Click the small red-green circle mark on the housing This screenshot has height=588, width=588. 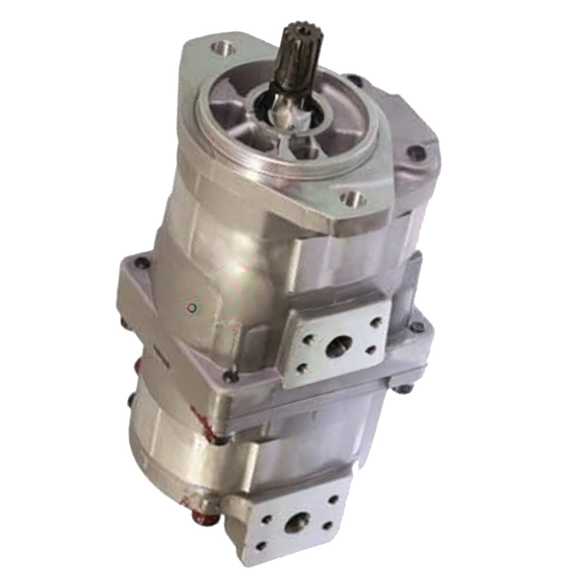point(194,308)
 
